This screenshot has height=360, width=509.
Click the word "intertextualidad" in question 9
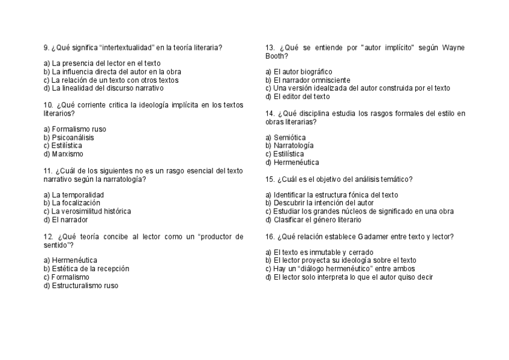tap(127, 47)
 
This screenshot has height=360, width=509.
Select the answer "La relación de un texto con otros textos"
tap(115, 80)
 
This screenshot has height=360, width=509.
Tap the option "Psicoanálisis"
tap(73, 137)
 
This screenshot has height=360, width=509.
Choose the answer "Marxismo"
tap(67, 154)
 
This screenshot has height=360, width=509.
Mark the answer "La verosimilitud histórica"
tap(91, 211)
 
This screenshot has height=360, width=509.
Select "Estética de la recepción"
tap(91, 269)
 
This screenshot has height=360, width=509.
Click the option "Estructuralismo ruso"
tap(85, 286)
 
